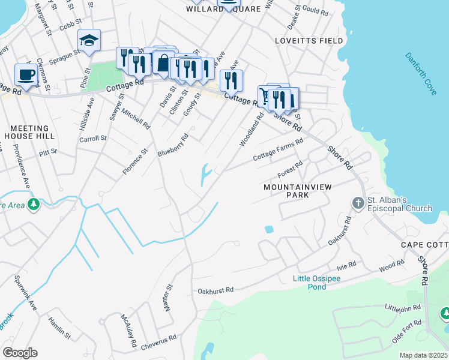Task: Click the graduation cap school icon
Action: click(x=89, y=41)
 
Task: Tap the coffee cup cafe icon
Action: click(x=26, y=74)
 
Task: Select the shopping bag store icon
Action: click(x=163, y=62)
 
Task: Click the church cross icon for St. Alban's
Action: click(x=358, y=202)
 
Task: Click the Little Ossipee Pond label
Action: click(x=318, y=283)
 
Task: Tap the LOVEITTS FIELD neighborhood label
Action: click(x=309, y=41)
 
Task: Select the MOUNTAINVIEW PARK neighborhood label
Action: click(x=294, y=191)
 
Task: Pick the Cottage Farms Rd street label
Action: click(x=278, y=149)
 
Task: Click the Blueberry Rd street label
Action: click(x=173, y=145)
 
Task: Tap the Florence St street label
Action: click(x=134, y=162)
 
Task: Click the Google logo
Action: click(x=20, y=353)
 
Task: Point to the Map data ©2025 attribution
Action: click(x=423, y=355)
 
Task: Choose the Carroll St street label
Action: click(x=93, y=138)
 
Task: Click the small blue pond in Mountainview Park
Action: click(x=268, y=229)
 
